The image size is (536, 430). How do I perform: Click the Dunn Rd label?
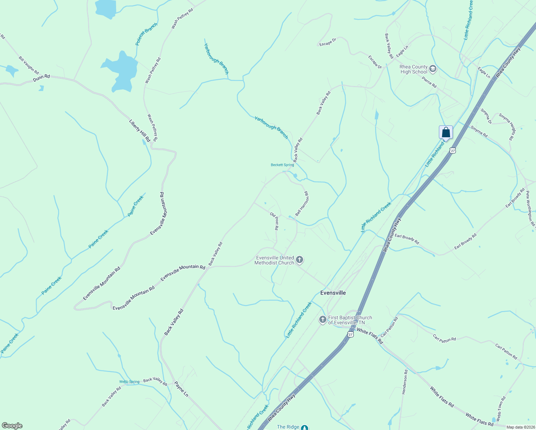(41, 78)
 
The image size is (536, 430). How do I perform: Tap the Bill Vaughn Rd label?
(29, 65)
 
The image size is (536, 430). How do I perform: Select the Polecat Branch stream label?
(146, 34)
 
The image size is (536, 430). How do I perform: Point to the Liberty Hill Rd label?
(140, 130)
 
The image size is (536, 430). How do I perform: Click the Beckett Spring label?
(282, 165)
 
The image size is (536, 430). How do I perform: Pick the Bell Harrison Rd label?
(302, 204)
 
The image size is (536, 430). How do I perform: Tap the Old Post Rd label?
(274, 221)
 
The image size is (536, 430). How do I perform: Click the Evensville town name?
(333, 293)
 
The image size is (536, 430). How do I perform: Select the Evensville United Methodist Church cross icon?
(300, 260)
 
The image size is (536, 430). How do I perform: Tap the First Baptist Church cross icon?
(322, 319)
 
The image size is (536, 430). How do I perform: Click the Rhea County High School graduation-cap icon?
(433, 69)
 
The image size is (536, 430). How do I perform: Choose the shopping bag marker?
(446, 132)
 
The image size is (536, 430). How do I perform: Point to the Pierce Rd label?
(429, 82)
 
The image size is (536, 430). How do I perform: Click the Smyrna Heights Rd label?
(507, 127)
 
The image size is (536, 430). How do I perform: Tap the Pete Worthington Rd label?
(530, 210)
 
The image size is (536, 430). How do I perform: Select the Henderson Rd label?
(405, 382)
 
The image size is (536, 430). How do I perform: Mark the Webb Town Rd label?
(501, 408)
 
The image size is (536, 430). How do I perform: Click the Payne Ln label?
(181, 389)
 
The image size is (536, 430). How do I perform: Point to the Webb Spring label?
(129, 382)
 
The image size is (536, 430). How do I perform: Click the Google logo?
(12, 426)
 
